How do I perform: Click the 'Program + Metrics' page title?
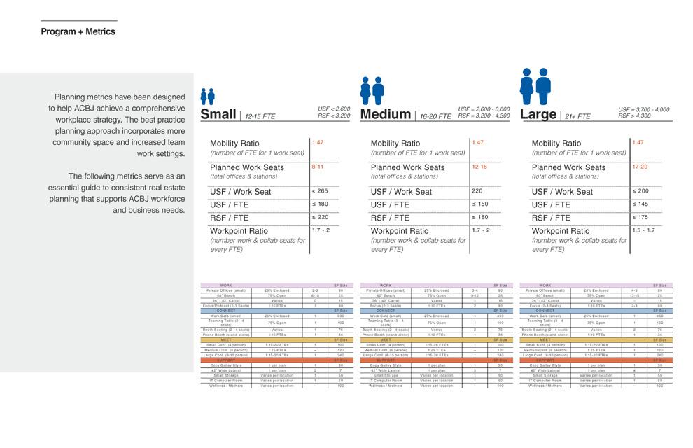tap(78, 31)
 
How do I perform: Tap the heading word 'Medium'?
tap(385, 114)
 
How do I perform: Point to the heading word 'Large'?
tap(538, 113)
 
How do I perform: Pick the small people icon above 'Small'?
tap(207, 97)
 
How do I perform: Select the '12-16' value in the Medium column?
tap(479, 167)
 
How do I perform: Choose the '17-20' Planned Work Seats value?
tap(640, 167)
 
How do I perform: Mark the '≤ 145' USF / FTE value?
tap(640, 204)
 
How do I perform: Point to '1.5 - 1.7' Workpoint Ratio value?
tap(643, 230)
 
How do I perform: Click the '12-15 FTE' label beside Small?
tap(260, 117)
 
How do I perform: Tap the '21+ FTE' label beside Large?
tap(577, 117)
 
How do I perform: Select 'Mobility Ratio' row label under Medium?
tap(395, 143)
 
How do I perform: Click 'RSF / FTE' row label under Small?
tap(229, 218)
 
